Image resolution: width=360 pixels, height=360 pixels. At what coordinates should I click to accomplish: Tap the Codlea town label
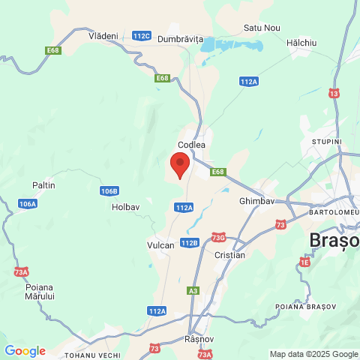pyautogui.click(x=191, y=145)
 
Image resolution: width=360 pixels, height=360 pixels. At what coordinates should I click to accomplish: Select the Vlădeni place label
pyautogui.click(x=103, y=35)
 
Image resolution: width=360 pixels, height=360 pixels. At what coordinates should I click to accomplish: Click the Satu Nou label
pyautogui.click(x=262, y=28)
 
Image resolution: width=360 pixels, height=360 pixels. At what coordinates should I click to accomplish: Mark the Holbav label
pyautogui.click(x=125, y=206)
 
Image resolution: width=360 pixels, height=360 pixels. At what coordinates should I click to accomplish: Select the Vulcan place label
pyautogui.click(x=160, y=245)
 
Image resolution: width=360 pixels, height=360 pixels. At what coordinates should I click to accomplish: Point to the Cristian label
pyautogui.click(x=229, y=255)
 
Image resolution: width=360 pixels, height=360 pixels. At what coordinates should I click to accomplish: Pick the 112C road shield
pyautogui.click(x=141, y=35)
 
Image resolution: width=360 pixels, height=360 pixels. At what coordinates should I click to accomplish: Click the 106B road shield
pyautogui.click(x=109, y=190)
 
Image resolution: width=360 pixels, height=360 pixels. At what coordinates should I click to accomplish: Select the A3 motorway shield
pyautogui.click(x=193, y=290)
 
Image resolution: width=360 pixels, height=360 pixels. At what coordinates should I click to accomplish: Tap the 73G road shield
pyautogui.click(x=218, y=238)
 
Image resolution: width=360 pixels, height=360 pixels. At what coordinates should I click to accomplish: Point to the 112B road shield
pyautogui.click(x=189, y=242)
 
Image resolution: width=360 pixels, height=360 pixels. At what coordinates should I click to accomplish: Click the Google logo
pyautogui.click(x=25, y=351)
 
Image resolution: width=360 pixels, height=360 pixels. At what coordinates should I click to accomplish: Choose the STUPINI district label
pyautogui.click(x=327, y=141)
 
